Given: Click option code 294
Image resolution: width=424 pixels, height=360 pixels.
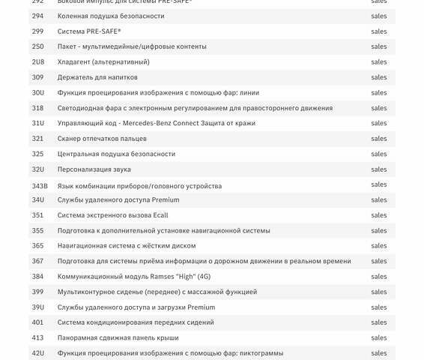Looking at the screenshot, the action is tap(37, 16).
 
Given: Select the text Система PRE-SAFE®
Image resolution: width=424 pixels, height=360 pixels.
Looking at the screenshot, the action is tap(89, 31).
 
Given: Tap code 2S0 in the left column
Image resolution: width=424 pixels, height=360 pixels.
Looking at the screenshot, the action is tap(37, 46).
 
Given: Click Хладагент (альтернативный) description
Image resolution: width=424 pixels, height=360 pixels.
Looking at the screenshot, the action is tap(103, 61).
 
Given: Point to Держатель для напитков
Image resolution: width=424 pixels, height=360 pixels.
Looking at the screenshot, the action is tap(97, 77).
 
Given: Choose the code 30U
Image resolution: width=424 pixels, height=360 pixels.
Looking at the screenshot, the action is tap(38, 92).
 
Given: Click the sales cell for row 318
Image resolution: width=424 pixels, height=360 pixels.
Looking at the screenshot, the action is tap(379, 108).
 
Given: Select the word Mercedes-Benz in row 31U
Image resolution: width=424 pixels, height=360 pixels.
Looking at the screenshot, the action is tap(154, 123).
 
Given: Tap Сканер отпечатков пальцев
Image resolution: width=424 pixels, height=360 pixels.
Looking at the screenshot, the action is tap(102, 139).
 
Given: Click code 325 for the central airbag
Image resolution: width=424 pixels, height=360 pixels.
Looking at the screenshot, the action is tap(37, 154).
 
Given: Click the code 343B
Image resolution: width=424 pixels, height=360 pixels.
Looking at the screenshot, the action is tap(40, 185).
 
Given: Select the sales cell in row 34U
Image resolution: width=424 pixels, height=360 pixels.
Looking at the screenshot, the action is tap(379, 200).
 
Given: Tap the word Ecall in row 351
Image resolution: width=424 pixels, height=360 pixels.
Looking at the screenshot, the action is tap(160, 215).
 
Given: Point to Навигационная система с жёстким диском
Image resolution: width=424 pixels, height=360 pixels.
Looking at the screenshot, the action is tap(127, 246).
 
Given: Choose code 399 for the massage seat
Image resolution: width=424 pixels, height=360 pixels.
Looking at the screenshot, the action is tap(37, 292).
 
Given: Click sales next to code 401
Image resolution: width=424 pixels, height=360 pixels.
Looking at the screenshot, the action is tap(379, 322).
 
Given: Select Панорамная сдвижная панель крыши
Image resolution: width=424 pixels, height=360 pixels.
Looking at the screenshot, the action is tap(118, 338).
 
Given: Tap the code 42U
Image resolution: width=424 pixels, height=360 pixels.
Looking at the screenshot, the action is tap(38, 353).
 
